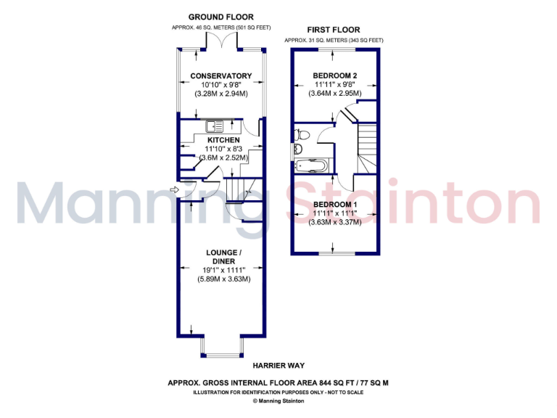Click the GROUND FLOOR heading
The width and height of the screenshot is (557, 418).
(220, 17)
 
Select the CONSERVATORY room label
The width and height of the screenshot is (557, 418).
(221, 75)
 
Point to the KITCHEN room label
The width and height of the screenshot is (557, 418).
(223, 139)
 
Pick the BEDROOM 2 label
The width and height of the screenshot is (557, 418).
(335, 75)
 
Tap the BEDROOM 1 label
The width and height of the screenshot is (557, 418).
(335, 205)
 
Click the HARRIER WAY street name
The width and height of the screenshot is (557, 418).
(278, 366)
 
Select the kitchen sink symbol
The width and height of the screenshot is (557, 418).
(218, 124)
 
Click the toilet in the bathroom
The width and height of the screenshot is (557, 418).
(303, 134)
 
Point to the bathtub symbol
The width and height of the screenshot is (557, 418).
(313, 165)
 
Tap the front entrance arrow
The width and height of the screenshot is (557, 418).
(173, 190)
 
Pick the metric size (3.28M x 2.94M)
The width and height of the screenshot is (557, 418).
(221, 94)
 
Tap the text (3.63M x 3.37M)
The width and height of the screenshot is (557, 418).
(335, 223)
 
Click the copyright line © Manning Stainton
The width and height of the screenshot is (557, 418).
(278, 401)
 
